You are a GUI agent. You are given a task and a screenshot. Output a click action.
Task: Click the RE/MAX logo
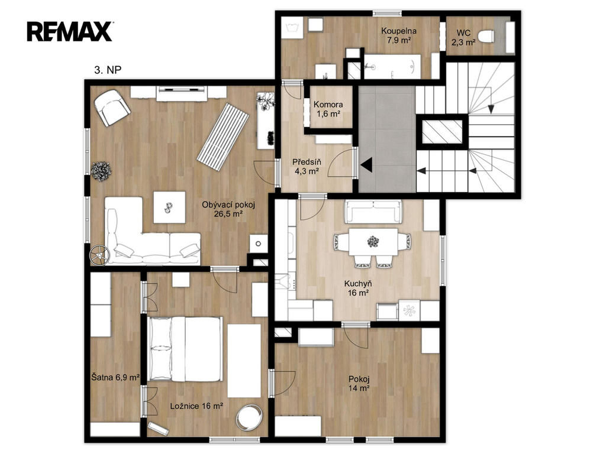[x=70, y=32]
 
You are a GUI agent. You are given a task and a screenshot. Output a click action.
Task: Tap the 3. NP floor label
[x=108, y=70]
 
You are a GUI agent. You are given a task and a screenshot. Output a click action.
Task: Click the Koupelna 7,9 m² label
[x=398, y=35]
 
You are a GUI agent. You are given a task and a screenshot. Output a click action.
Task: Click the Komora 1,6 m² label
[x=328, y=109]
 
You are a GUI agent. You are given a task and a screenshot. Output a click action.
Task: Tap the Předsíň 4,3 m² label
[x=307, y=166]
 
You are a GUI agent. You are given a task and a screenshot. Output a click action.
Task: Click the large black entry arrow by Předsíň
[x=366, y=164]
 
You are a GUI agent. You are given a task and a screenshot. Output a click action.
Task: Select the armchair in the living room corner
[x=112, y=108]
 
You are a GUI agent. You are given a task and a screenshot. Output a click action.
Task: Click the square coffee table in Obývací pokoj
[x=169, y=207]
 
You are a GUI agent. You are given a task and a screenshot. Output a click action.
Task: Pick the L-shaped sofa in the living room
[x=152, y=231]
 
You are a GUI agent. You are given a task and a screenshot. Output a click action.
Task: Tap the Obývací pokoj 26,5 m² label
[x=228, y=209]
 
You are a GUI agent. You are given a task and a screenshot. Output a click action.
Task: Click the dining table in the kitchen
[x=373, y=242]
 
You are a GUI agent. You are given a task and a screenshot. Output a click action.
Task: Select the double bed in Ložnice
[x=185, y=349]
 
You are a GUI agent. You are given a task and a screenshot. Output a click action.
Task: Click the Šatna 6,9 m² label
[x=115, y=377]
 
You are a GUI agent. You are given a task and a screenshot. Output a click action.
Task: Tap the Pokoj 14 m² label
[x=359, y=383]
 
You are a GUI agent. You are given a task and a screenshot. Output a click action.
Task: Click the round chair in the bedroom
[x=249, y=417]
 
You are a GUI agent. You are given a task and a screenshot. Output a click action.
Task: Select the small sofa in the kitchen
[x=373, y=212]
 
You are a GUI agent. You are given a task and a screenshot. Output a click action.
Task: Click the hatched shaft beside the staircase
[x=442, y=131]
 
